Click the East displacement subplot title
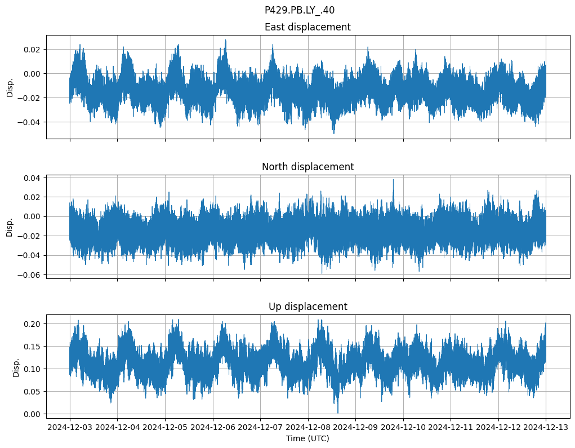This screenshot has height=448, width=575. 307,27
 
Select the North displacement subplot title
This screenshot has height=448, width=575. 307,167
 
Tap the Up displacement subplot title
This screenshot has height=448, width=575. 307,307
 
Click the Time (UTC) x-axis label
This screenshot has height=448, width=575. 307,438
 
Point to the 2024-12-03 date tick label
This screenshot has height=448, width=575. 70,428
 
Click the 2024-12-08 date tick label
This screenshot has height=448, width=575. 307,428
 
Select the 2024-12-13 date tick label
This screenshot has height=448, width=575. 545,428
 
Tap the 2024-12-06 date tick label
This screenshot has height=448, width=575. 213,428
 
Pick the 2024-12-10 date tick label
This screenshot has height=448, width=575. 403,428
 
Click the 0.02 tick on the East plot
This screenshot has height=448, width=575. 33,50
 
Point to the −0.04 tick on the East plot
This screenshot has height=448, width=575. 30,122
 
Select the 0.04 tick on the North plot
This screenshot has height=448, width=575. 33,178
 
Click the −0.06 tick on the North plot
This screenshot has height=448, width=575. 30,275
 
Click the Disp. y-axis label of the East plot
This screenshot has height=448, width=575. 10,87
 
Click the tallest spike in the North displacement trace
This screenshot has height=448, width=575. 393,180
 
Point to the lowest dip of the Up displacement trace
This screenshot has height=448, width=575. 338,412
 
